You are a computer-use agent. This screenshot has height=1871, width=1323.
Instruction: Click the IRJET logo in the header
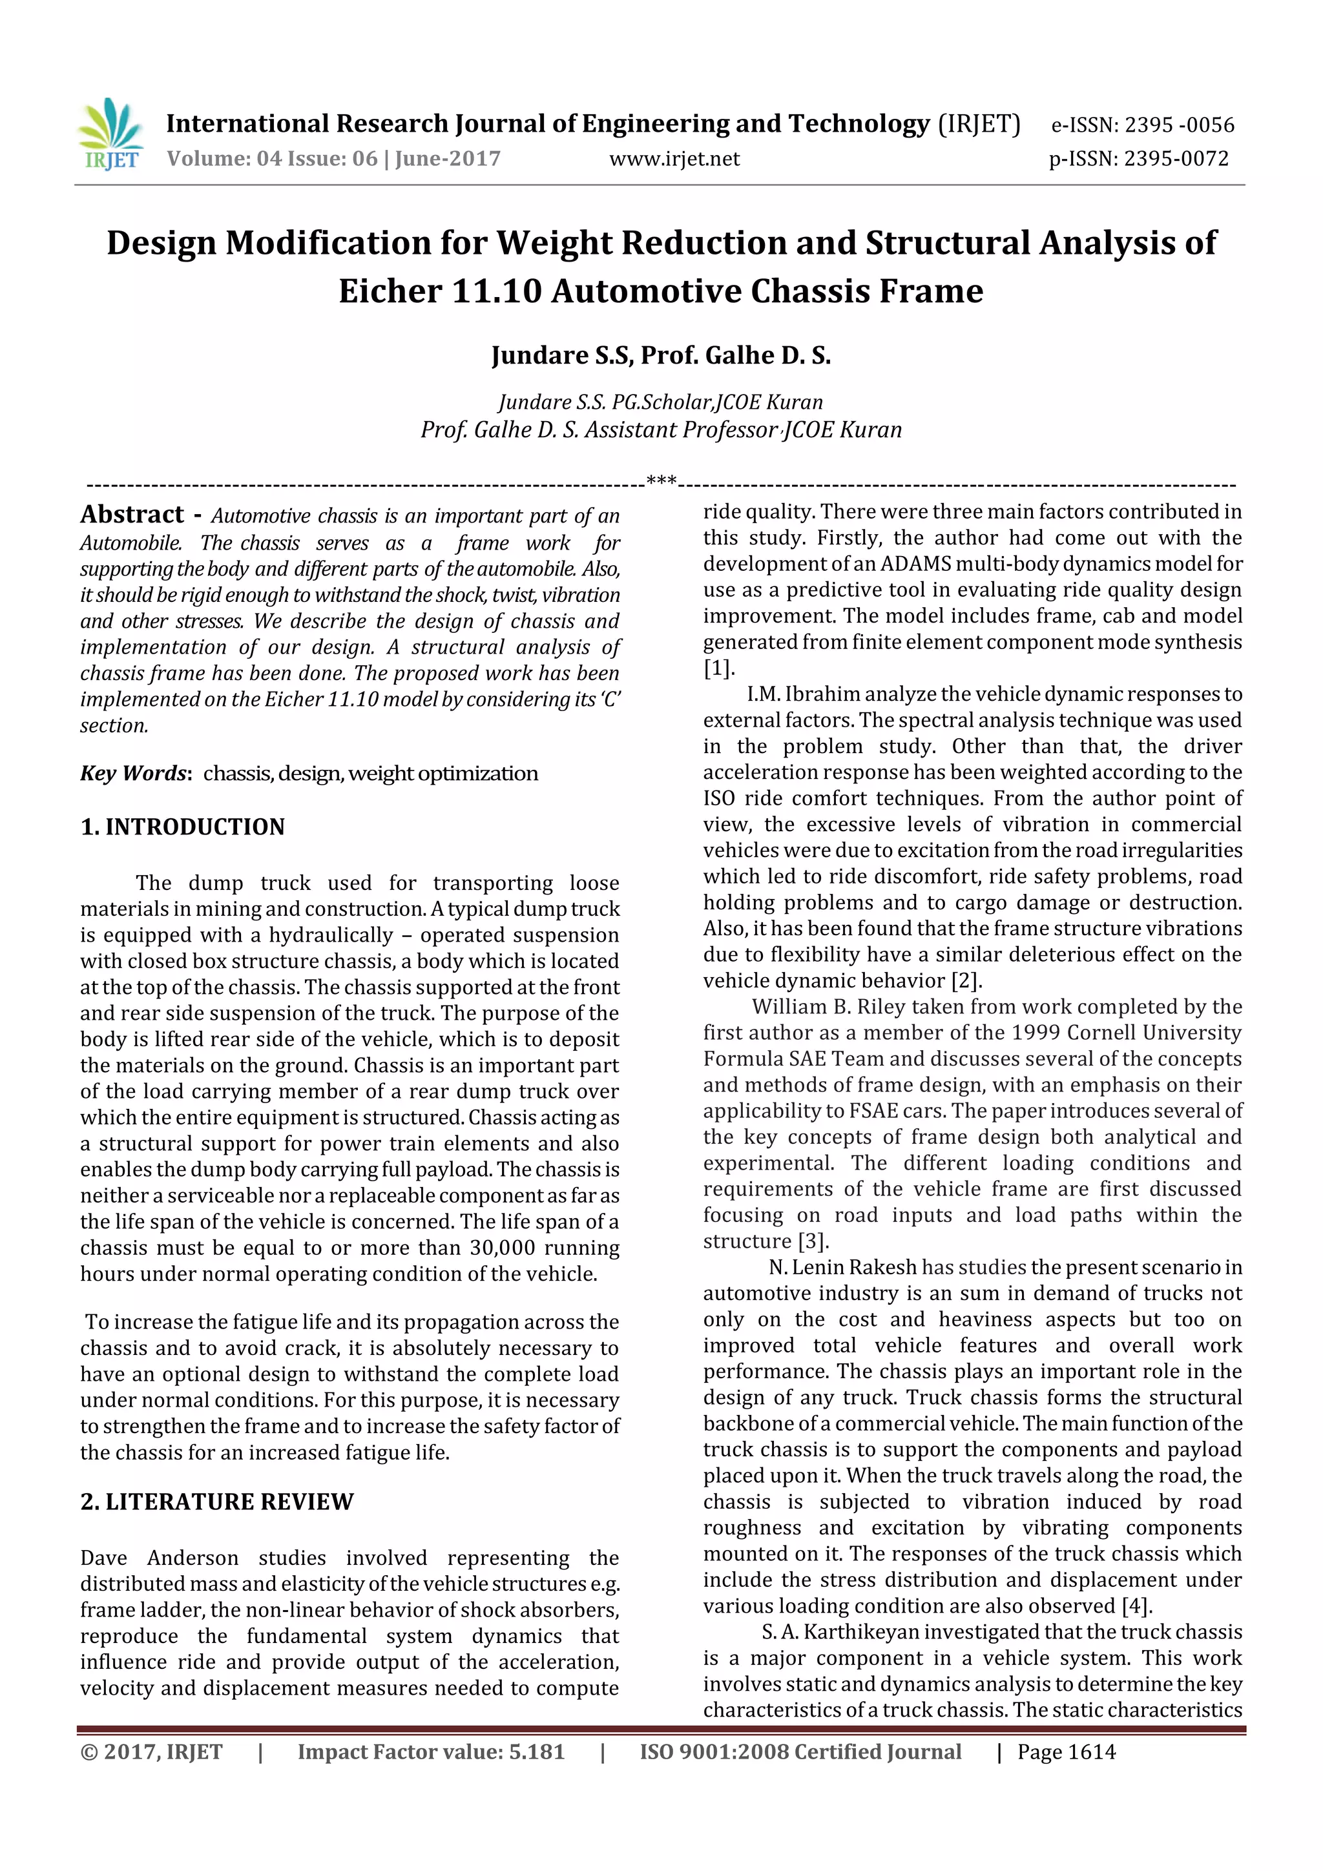click(x=112, y=134)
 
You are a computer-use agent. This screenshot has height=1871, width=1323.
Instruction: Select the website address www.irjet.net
click(x=674, y=158)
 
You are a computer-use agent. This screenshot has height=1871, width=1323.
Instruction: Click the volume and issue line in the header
click(x=333, y=158)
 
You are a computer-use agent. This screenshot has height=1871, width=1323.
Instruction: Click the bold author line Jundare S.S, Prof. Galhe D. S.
click(x=660, y=355)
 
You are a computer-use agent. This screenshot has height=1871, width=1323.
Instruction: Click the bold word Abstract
click(x=132, y=514)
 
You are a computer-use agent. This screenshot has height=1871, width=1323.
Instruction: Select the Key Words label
click(x=135, y=772)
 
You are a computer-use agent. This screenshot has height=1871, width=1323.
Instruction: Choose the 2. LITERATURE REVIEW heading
click(x=217, y=1501)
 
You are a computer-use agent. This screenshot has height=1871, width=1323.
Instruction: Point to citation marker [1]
click(x=718, y=668)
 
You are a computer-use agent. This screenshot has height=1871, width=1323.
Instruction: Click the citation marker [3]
click(x=812, y=1241)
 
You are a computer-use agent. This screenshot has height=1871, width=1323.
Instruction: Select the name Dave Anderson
click(x=159, y=1557)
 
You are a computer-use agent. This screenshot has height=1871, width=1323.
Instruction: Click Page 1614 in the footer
click(x=1067, y=1752)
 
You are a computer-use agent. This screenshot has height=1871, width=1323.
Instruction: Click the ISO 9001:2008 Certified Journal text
click(x=800, y=1752)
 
